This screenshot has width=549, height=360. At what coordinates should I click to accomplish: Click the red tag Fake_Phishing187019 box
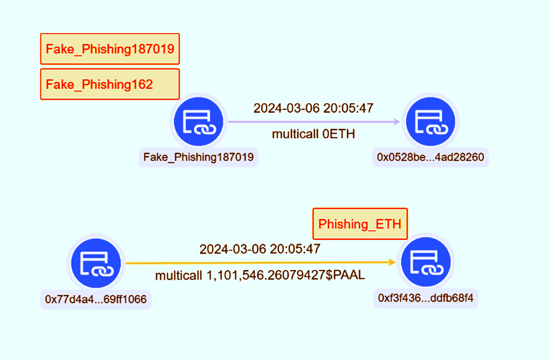[x=110, y=49]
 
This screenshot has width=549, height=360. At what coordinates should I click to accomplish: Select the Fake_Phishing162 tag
[x=110, y=84]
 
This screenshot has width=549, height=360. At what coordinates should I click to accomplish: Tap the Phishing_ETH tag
[x=360, y=224]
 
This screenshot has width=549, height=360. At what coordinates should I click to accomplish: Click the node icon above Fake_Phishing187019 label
[x=198, y=122]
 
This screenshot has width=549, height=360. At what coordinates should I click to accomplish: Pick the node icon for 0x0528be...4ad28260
[x=430, y=122]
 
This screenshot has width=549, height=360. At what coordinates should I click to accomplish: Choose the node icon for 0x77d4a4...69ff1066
[x=96, y=263]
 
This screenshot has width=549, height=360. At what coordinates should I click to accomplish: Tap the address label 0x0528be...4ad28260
[x=430, y=158]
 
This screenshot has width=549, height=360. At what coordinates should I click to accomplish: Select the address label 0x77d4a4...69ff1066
[x=96, y=299]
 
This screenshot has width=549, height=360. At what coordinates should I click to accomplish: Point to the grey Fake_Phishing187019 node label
[x=198, y=158]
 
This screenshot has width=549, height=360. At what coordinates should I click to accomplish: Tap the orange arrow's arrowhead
[x=392, y=262]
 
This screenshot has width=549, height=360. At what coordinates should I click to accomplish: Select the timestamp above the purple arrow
[x=313, y=108]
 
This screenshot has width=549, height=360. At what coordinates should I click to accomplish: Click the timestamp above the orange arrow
[x=260, y=249]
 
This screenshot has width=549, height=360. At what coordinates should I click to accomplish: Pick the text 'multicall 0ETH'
[x=313, y=134]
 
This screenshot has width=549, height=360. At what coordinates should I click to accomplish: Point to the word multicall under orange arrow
[x=178, y=276]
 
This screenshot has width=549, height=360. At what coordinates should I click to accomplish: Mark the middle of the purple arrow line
[x=313, y=122]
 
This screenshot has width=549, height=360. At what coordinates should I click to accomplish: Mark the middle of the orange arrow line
[x=260, y=263]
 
